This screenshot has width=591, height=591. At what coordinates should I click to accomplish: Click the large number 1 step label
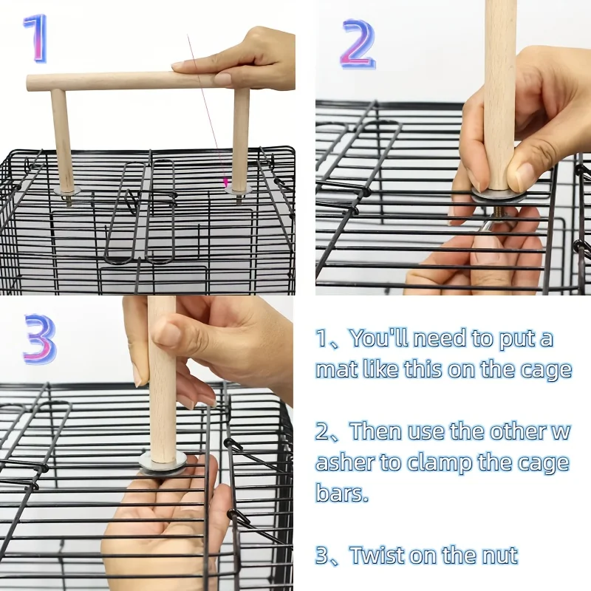click(x=36, y=38)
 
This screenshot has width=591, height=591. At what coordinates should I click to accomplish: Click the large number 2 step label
click(x=358, y=44)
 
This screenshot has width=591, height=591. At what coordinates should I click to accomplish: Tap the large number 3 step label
click(x=40, y=339)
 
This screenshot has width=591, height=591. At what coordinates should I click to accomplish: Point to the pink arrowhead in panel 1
click(x=226, y=182)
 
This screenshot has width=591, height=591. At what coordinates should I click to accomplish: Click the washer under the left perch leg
click(x=67, y=191)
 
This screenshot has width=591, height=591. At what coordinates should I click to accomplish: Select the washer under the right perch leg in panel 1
click(x=238, y=191)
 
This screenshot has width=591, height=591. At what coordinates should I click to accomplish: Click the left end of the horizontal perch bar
click(x=28, y=83)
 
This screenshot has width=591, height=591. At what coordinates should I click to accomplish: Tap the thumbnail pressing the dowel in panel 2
click(x=523, y=176)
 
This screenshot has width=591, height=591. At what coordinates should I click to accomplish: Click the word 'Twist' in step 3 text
click(x=377, y=555)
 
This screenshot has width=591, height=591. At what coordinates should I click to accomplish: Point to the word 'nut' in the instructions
click(x=499, y=556)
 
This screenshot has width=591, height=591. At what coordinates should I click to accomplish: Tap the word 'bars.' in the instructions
click(x=342, y=492)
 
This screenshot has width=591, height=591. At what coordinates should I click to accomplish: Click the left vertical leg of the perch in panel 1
click(x=63, y=139)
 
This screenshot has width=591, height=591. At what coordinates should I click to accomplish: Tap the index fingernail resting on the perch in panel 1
click(x=222, y=79)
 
